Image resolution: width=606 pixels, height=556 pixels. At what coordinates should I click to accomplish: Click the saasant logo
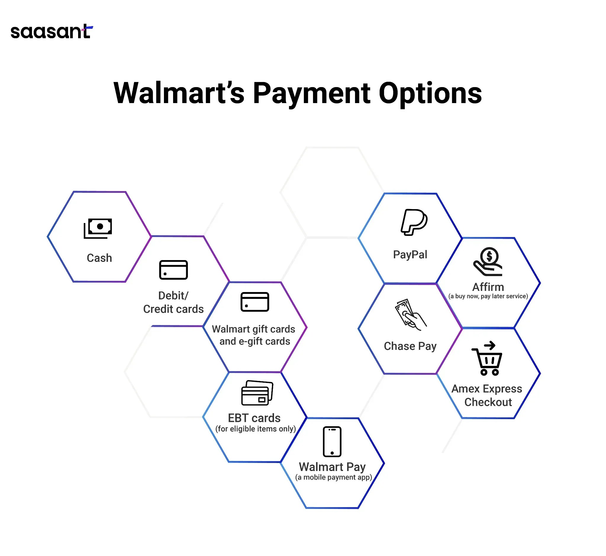[51, 32]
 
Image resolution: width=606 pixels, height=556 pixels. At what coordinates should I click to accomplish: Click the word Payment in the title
[312, 94]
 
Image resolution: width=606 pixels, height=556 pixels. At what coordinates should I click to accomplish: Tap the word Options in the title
[430, 94]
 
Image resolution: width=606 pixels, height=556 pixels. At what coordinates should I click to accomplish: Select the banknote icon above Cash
[98, 228]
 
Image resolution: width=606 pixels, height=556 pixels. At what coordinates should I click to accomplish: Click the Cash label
[99, 258]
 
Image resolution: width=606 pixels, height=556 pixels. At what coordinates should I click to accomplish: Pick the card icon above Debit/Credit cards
[173, 270]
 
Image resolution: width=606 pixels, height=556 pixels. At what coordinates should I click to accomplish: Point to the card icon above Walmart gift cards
[254, 302]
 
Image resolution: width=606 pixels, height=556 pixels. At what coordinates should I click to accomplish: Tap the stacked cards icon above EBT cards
[257, 393]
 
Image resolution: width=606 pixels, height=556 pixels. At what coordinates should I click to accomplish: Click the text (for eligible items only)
[255, 429]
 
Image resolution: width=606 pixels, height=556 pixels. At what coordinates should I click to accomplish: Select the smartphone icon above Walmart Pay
[332, 442]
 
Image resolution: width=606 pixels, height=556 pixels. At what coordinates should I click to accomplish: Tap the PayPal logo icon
[414, 222]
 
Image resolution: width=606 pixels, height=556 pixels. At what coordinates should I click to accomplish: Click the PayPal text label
[410, 254]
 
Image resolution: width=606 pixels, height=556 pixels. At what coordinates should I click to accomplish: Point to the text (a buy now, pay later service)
[488, 296]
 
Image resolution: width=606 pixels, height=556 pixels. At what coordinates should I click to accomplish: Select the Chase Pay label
[410, 346]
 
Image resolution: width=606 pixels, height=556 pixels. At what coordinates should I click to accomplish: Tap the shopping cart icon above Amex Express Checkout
[487, 359]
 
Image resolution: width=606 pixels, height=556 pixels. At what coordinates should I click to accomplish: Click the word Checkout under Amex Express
[488, 402]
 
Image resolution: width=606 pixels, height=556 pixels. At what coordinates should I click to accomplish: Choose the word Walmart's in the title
[179, 94]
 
